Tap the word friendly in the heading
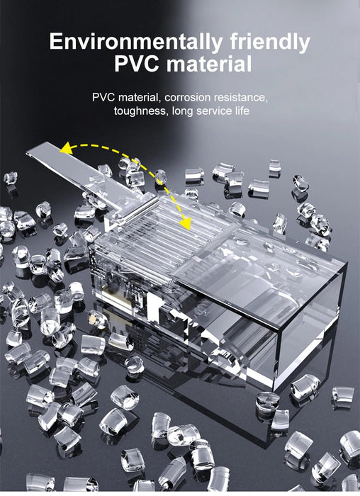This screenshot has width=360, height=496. (x=270, y=41)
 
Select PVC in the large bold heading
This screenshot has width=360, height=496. (x=137, y=64)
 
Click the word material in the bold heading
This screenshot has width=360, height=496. (x=209, y=64)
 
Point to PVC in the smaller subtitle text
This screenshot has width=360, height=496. (x=103, y=98)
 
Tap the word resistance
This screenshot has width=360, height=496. (x=240, y=98)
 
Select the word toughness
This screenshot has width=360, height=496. (x=139, y=111)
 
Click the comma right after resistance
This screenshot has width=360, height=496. (x=267, y=101)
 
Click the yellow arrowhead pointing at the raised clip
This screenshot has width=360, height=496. (x=67, y=148)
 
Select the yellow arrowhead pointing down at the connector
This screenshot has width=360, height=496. (x=186, y=223)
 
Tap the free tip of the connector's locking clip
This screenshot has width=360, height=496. (x=28, y=154)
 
